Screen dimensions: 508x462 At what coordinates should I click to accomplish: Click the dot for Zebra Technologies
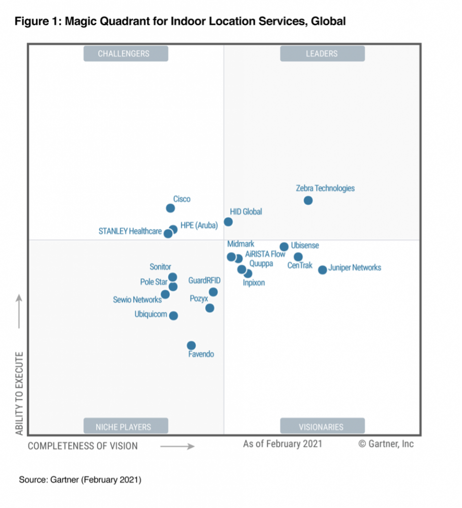point(308,200)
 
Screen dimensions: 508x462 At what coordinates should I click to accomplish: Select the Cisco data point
point(170,208)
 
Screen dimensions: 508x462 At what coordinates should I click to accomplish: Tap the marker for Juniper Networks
point(322,270)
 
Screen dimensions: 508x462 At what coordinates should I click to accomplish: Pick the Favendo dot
point(191,345)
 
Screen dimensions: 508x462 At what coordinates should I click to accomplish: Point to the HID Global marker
point(228,222)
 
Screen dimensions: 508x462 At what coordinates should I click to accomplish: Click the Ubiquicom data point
point(173,316)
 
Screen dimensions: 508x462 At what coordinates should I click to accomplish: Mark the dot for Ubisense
point(284,247)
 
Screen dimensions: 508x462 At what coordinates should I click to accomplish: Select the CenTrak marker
point(298,257)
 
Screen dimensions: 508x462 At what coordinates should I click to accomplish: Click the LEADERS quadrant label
point(322,54)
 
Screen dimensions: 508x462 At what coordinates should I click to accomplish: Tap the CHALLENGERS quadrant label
point(126,54)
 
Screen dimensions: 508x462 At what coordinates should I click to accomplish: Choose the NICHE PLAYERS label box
point(126,426)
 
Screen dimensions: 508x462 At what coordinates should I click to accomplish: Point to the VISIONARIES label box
point(322,426)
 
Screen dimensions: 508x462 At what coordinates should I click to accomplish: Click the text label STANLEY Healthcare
point(130,231)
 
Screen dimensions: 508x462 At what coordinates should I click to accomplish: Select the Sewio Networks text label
point(137,300)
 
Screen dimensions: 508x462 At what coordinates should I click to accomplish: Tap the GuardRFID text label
point(204,281)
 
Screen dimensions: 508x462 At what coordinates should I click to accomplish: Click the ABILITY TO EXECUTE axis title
point(19,393)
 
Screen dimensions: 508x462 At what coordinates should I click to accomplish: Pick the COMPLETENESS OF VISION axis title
point(82,446)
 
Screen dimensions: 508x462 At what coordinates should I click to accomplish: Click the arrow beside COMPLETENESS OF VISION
point(177,446)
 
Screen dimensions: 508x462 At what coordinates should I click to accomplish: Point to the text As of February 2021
point(282,444)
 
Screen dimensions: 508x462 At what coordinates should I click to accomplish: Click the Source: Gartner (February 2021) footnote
point(80,480)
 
